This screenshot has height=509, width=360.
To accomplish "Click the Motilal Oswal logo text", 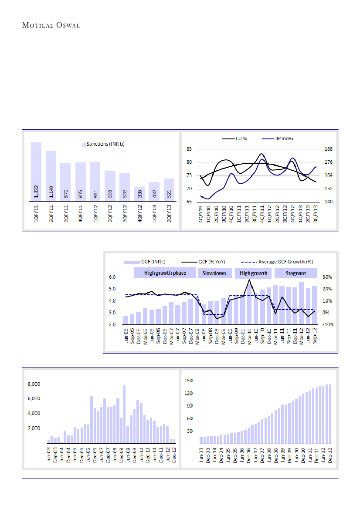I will (x=51, y=25).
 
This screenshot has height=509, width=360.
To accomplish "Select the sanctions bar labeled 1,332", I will (x=36, y=172).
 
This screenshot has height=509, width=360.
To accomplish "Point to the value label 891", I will (x=95, y=194).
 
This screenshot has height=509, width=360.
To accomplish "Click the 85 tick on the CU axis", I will (x=189, y=149).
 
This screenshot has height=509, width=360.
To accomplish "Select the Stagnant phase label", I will (x=295, y=273).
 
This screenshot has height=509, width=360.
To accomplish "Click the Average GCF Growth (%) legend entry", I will (x=280, y=262).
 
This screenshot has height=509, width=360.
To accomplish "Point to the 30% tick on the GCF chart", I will (x=327, y=277).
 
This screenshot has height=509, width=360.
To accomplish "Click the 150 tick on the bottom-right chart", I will (x=189, y=381).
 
